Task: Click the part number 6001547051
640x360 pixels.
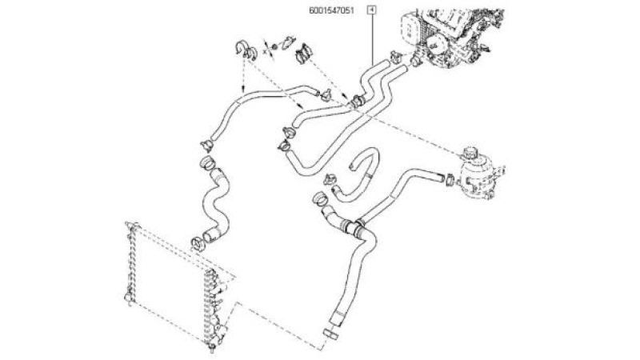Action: point(331,10)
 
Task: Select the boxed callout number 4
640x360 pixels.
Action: point(372,9)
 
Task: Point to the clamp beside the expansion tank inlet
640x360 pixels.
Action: point(450,179)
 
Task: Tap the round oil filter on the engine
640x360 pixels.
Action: point(436,44)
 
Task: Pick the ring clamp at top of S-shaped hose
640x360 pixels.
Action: point(207,162)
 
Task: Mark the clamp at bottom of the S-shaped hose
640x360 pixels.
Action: point(197,244)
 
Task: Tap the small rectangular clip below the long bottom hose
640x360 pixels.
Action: point(330,334)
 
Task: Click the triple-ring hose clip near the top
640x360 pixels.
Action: point(304,54)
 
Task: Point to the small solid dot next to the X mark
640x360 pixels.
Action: point(274,46)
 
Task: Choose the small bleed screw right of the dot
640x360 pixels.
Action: point(288,42)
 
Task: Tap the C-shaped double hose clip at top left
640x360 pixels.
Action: point(246,50)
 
